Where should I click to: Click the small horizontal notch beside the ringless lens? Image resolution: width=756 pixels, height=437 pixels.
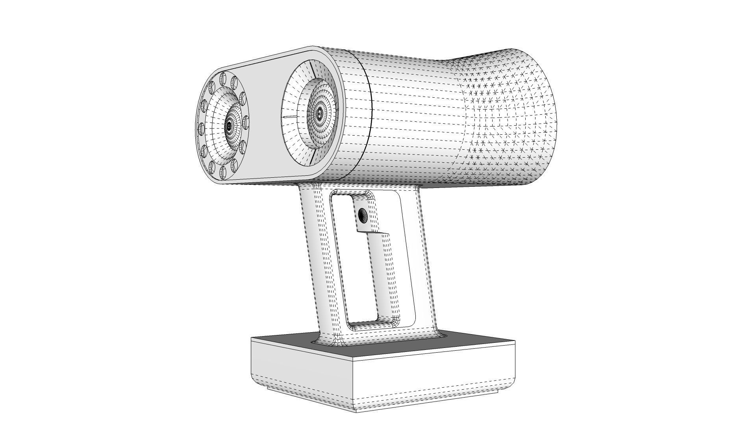(289, 117)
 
